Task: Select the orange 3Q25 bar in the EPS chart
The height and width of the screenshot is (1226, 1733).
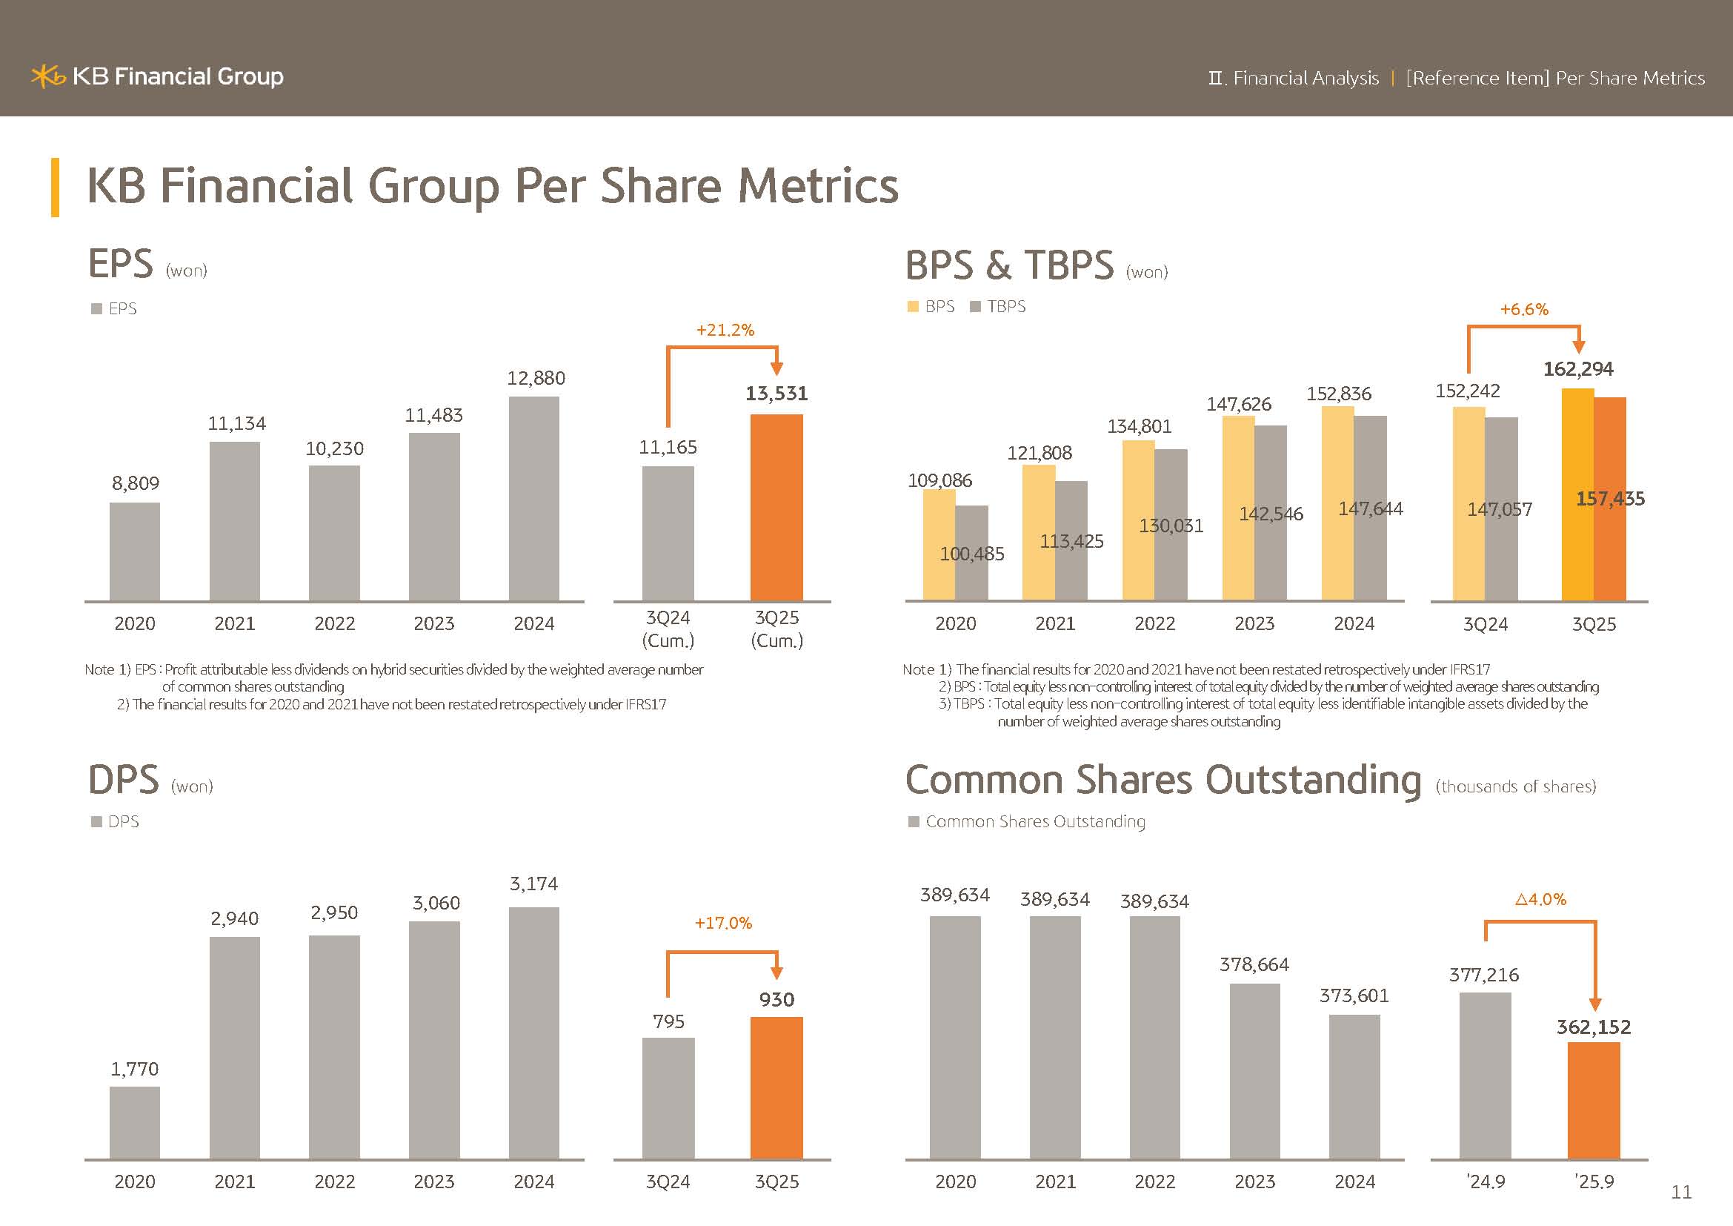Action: pyautogui.click(x=776, y=507)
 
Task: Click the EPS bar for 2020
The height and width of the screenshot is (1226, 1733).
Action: pyautogui.click(x=134, y=552)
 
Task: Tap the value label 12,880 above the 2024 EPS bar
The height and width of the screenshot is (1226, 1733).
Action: pyautogui.click(x=536, y=378)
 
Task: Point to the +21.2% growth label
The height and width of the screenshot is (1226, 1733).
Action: pyautogui.click(x=725, y=330)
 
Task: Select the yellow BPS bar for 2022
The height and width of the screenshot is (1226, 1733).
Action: pyautogui.click(x=1137, y=521)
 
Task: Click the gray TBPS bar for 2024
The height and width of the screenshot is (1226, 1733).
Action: pyautogui.click(x=1370, y=508)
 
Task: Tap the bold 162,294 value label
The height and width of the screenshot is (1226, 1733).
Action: pyautogui.click(x=1577, y=369)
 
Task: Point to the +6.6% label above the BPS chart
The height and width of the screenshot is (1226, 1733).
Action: pyautogui.click(x=1523, y=310)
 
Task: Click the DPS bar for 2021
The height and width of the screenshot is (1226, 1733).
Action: pyautogui.click(x=234, y=1047)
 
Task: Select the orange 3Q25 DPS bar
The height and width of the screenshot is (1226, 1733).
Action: pyautogui.click(x=776, y=1087)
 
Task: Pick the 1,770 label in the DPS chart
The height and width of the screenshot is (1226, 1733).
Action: pyautogui.click(x=134, y=1069)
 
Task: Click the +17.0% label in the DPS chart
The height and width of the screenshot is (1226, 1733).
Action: pyautogui.click(x=723, y=924)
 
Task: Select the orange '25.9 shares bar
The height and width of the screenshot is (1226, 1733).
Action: pyautogui.click(x=1594, y=1100)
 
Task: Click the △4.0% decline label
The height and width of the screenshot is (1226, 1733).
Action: pyautogui.click(x=1540, y=900)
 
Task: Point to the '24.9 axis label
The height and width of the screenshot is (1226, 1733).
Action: pyautogui.click(x=1486, y=1182)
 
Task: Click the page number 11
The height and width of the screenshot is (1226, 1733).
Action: pyautogui.click(x=1681, y=1192)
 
